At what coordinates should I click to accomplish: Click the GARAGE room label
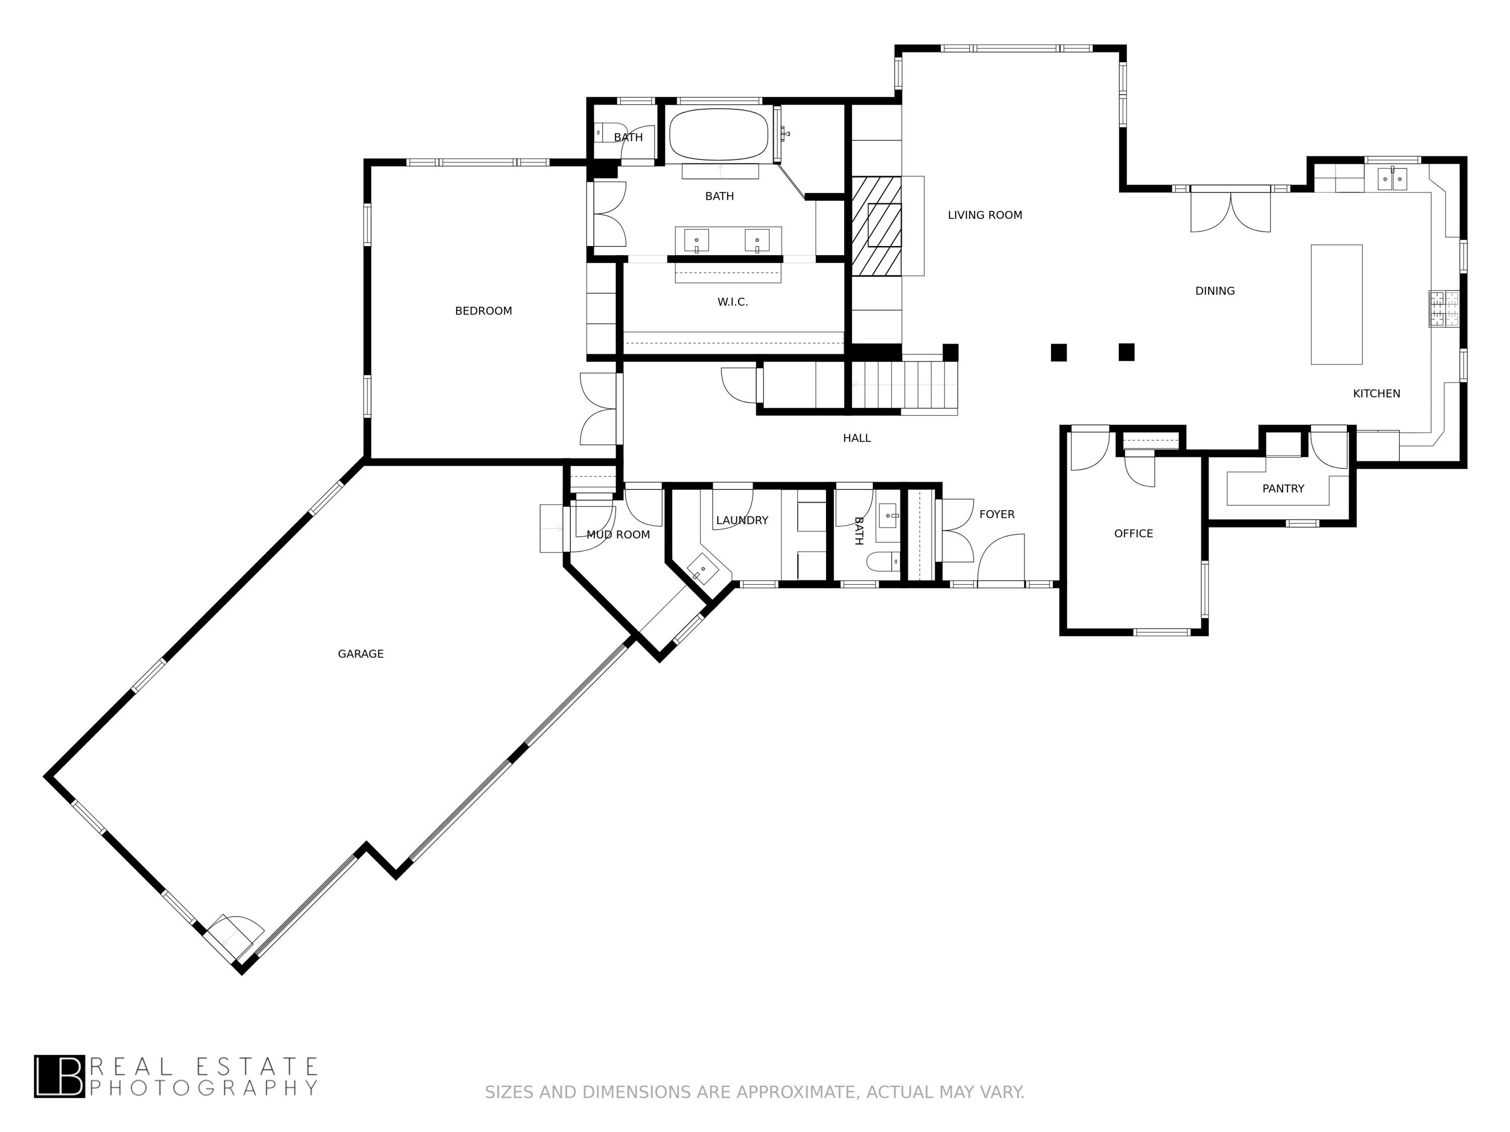click(x=360, y=654)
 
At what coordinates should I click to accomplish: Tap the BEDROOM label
click(x=483, y=311)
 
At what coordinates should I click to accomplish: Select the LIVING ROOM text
click(x=985, y=215)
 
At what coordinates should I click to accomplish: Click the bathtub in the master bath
click(x=719, y=134)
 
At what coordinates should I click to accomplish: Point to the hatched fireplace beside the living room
click(x=876, y=226)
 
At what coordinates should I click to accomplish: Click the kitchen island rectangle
click(x=1336, y=304)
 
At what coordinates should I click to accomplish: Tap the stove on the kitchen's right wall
click(x=1443, y=308)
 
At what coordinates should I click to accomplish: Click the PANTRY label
click(x=1282, y=489)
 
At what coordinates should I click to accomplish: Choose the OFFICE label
click(x=1133, y=534)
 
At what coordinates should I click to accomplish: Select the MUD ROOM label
click(x=618, y=534)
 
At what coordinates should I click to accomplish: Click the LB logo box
click(x=59, y=1076)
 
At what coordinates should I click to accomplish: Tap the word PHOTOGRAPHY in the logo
click(x=203, y=1087)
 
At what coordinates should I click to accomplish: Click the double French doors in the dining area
click(x=1230, y=211)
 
